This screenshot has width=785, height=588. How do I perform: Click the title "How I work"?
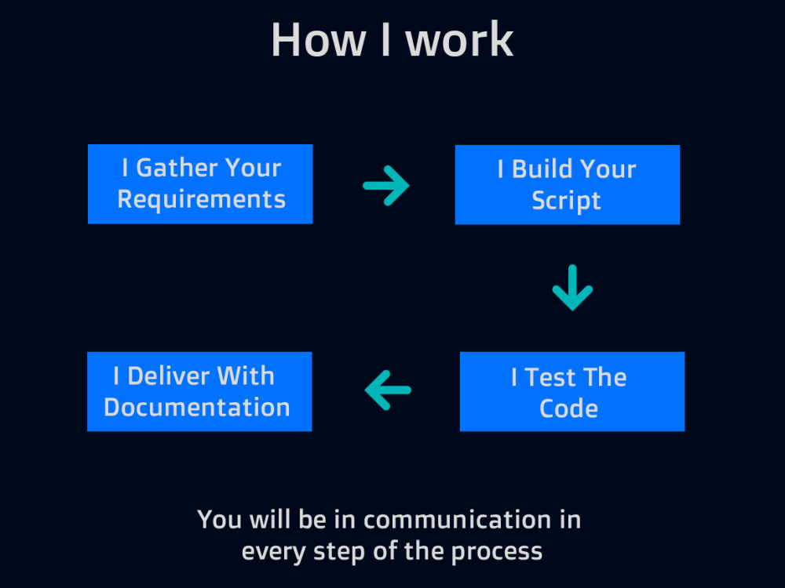(392, 40)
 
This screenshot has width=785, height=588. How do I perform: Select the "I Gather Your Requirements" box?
(200, 184)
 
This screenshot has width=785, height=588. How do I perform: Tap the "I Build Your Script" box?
(568, 185)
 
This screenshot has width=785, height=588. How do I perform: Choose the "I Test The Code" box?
(572, 391)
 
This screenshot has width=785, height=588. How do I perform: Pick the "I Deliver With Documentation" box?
(199, 391)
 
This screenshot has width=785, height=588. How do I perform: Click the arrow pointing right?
(386, 186)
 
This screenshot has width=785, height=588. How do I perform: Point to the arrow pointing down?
(573, 288)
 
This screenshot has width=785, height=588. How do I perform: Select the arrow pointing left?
(388, 390)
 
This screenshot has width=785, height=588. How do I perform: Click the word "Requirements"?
(201, 200)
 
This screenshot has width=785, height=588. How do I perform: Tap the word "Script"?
(566, 201)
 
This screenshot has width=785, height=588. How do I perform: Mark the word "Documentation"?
(197, 408)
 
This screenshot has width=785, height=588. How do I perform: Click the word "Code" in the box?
(568, 408)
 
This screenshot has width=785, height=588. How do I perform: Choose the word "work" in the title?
(459, 41)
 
